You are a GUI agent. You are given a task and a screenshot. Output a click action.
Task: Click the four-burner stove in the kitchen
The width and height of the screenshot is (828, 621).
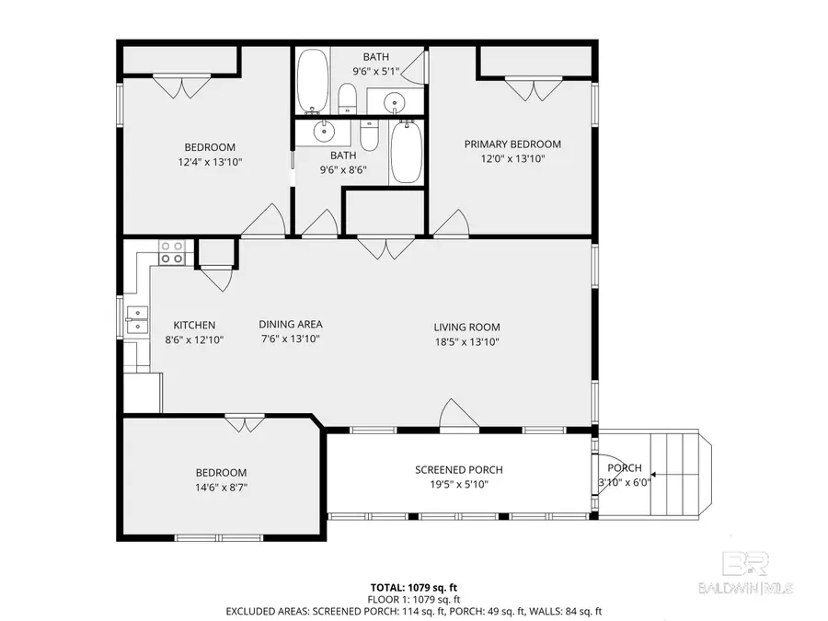click(172, 252)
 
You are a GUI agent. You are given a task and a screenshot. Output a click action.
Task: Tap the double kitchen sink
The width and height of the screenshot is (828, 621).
click(136, 319)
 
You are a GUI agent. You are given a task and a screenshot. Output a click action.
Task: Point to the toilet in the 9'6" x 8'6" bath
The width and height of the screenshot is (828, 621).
click(370, 136)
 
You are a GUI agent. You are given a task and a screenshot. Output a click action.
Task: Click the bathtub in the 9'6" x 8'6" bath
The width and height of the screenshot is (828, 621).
click(405, 153)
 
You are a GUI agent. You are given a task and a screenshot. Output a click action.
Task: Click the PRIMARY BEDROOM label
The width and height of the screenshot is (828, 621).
click(512, 144)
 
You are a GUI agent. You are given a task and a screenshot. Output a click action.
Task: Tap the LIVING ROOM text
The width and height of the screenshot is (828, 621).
click(466, 327)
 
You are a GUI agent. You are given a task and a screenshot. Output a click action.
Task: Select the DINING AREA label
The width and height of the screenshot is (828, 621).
click(290, 324)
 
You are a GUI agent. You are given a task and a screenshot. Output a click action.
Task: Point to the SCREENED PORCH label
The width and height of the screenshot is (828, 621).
click(458, 470)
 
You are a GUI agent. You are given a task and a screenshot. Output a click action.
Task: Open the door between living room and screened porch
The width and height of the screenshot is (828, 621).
click(458, 417)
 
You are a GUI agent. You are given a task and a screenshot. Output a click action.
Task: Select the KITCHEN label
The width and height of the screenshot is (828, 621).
click(195, 325)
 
